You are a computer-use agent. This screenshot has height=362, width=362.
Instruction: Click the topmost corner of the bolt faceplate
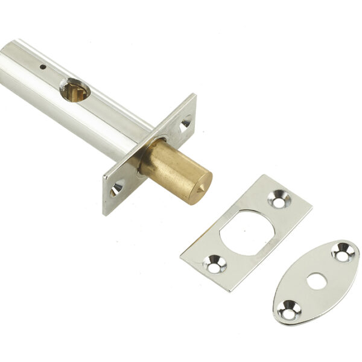click(x=194, y=94)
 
